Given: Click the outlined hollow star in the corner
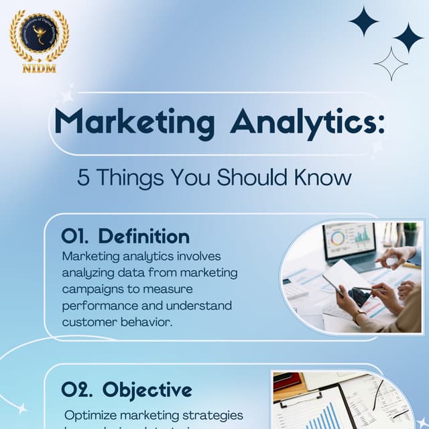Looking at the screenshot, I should [391, 64].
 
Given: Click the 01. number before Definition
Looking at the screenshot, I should [75, 237].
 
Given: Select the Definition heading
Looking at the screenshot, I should [143, 237].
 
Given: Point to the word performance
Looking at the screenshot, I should [100, 306].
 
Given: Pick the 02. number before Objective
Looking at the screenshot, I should [76, 390].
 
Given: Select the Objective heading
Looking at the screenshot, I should [147, 390].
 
